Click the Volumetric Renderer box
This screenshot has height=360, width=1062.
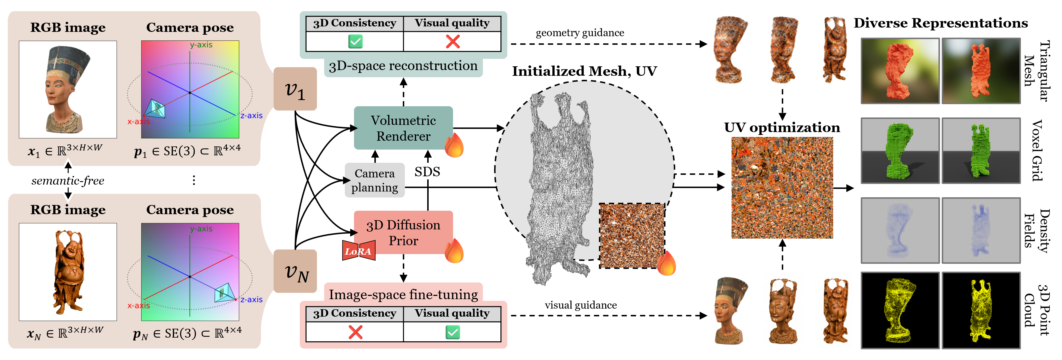click(x=403, y=128)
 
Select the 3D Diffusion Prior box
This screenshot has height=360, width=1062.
click(x=403, y=233)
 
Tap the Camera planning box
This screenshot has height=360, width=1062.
click(x=374, y=180)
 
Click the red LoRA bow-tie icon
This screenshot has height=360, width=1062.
click(x=359, y=250)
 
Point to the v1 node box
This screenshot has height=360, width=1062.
click(x=295, y=89)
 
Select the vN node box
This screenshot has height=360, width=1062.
click(x=295, y=271)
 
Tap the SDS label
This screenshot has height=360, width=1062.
click(x=427, y=172)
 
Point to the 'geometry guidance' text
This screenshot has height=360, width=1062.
click(x=580, y=33)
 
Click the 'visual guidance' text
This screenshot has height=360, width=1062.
click(x=581, y=305)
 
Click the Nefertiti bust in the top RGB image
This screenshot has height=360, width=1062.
click(x=67, y=89)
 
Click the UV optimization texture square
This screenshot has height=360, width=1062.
click(x=782, y=188)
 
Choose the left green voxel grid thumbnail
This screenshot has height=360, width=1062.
click(x=900, y=150)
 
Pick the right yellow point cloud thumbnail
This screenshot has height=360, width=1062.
click(x=981, y=310)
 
